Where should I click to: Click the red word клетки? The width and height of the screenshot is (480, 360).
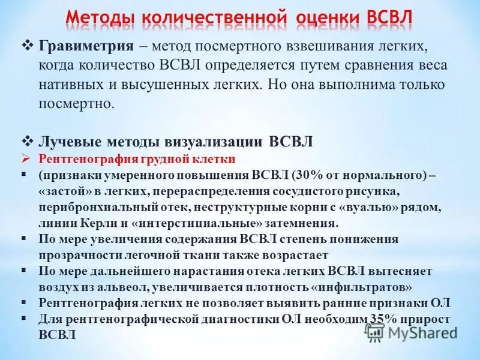[214, 160]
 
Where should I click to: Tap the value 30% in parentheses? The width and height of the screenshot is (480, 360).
[305, 175]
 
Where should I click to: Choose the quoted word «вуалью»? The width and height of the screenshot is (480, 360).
[377, 207]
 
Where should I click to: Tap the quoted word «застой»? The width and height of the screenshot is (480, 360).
[61, 191]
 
